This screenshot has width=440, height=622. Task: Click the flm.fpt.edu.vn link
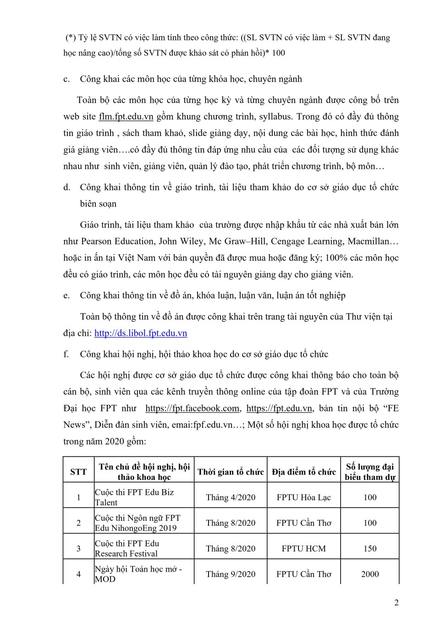(x=126, y=117)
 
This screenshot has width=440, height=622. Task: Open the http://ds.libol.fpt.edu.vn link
(x=141, y=333)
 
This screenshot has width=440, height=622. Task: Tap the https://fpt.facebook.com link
(x=192, y=409)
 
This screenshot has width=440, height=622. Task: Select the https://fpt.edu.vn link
(x=279, y=409)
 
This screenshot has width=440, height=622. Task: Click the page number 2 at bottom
(x=396, y=603)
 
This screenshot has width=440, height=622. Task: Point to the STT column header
(x=78, y=472)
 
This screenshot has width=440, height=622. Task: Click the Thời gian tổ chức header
(x=231, y=472)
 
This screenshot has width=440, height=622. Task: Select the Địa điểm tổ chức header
(x=304, y=472)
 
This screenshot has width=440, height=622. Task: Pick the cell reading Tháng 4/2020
(x=231, y=497)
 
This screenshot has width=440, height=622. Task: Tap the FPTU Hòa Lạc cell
(x=304, y=497)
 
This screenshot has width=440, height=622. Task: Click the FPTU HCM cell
(x=304, y=549)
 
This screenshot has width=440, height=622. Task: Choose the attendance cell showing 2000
(x=370, y=574)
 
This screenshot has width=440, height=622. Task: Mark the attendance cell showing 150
(x=370, y=549)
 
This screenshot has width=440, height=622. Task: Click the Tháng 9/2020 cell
(x=231, y=574)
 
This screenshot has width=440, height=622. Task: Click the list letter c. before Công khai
(x=67, y=79)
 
